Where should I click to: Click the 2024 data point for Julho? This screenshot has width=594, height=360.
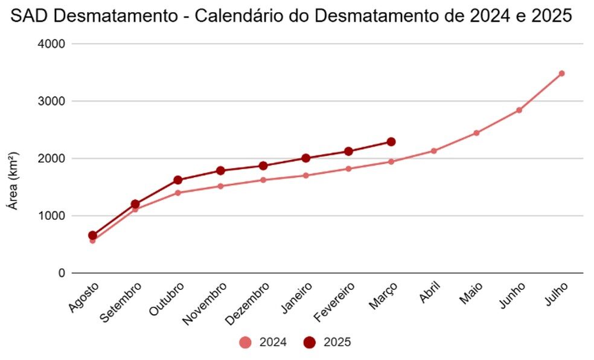[561, 74]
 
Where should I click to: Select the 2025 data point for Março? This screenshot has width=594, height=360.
[391, 142]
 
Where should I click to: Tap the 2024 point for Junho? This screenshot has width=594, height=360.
[519, 111]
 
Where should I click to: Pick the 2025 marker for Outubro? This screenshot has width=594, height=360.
[178, 180]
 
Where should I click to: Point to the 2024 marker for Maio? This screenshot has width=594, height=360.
[476, 133]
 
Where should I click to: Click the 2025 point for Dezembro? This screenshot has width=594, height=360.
[263, 166]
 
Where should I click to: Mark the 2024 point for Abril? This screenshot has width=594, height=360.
[433, 151]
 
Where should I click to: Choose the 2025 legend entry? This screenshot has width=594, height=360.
[327, 342]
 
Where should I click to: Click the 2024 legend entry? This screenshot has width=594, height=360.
[263, 342]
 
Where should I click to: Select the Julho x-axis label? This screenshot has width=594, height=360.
[557, 294]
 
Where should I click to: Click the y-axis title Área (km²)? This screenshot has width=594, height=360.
[12, 181]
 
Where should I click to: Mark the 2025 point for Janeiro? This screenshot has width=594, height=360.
[305, 158]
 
